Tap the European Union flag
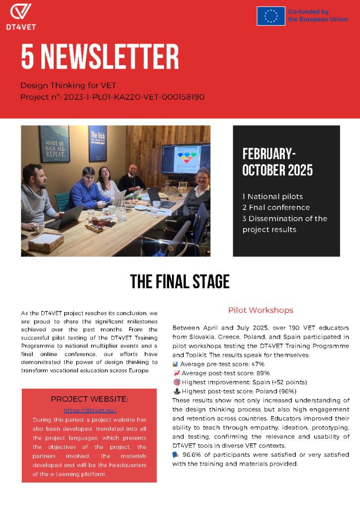(x=271, y=16)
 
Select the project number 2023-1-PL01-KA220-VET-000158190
(x=134, y=97)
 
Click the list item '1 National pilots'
(x=272, y=196)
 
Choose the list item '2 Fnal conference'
(x=276, y=207)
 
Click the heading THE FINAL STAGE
(x=180, y=282)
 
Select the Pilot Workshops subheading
(x=261, y=310)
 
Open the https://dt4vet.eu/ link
(x=90, y=410)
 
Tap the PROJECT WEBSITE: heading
(x=90, y=399)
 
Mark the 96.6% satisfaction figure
(x=191, y=455)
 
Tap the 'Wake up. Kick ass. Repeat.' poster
(x=54, y=144)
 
